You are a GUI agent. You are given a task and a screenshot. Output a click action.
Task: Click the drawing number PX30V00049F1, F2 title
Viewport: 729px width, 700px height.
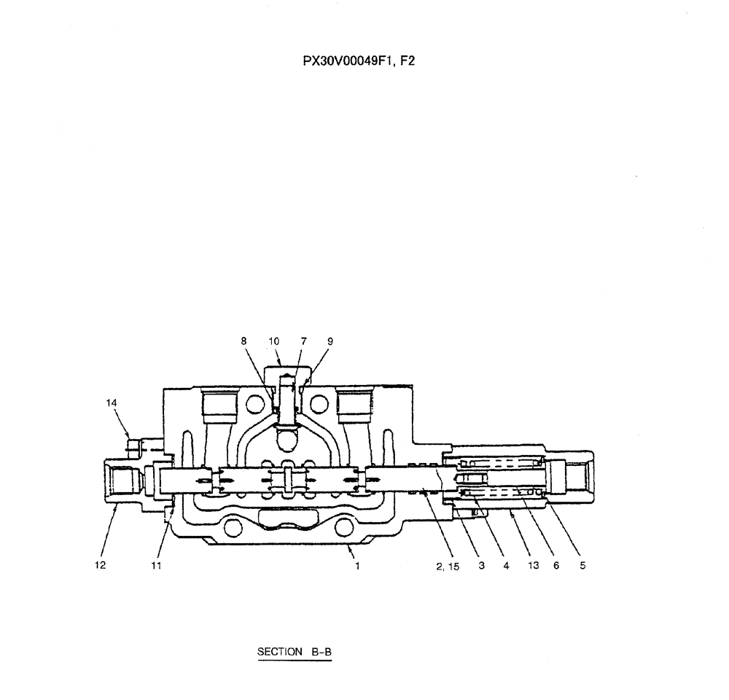[x=359, y=62]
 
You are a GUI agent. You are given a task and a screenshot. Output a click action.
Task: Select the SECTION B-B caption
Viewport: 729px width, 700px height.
[x=295, y=651]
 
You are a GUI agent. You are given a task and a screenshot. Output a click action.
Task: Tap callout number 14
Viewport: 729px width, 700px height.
[x=112, y=402]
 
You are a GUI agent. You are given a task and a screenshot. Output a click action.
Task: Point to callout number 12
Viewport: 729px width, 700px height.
[x=100, y=565]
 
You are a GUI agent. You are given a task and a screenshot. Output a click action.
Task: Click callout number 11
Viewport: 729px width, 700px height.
[x=157, y=565]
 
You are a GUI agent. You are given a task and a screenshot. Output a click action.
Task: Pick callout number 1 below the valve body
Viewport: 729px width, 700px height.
[x=357, y=565]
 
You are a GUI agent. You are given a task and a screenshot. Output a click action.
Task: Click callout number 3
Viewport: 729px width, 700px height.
[x=482, y=565]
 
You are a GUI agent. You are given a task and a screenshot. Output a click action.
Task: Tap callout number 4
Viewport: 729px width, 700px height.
[x=506, y=565]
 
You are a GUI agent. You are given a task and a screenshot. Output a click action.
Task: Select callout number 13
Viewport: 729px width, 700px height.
[x=533, y=565]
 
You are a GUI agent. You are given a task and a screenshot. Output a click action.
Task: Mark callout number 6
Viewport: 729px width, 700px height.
[x=556, y=565]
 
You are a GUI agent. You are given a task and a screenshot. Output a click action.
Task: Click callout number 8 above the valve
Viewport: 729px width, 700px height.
[x=243, y=341]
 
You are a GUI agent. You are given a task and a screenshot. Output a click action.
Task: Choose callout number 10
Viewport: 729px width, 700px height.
[x=274, y=341]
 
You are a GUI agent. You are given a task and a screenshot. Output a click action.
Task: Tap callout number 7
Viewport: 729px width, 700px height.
[x=303, y=341]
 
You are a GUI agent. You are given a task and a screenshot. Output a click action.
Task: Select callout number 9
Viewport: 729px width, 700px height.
[x=330, y=341]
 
